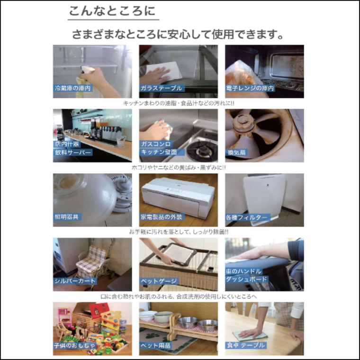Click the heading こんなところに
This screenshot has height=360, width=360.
click(112, 11)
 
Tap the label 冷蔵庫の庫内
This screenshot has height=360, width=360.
click(72, 89)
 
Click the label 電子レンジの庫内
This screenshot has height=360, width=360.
click(251, 89)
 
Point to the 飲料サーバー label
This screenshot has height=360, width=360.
click(72, 153)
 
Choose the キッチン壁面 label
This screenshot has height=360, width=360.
click(159, 153)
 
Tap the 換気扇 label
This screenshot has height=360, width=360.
click(236, 153)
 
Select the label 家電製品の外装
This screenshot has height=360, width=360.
click(162, 217)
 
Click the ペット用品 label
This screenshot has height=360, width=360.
click(155, 346)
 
